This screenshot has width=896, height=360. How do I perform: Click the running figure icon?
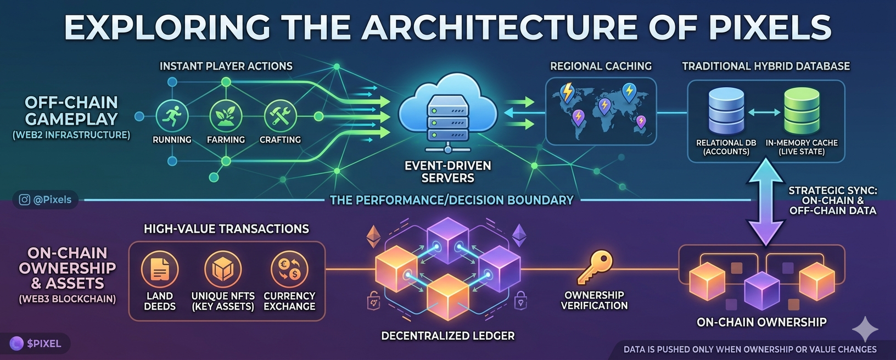click(x=172, y=116)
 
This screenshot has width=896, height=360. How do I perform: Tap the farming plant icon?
click(x=226, y=116)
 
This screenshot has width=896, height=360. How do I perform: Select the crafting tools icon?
click(x=281, y=116)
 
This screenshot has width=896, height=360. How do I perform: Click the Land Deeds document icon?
click(x=160, y=269)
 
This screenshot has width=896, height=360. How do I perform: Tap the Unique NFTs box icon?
click(x=223, y=269)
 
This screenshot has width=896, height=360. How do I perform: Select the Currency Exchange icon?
click(x=289, y=269)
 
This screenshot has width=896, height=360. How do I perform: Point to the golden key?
click(x=595, y=267)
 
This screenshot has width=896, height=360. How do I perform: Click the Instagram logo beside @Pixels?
click(x=24, y=200)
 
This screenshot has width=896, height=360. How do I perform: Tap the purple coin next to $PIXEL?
click(x=16, y=343)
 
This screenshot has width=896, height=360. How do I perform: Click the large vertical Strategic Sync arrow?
click(x=765, y=201)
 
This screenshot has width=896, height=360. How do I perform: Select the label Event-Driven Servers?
click(x=447, y=172)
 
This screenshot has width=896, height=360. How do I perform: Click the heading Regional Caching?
click(x=601, y=66)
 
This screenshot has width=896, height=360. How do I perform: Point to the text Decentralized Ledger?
click(x=447, y=336)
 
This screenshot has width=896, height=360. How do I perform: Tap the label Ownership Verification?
click(x=595, y=300)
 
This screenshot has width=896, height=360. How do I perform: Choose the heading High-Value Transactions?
click(x=226, y=229)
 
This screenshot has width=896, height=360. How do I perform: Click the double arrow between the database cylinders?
click(x=764, y=113)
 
